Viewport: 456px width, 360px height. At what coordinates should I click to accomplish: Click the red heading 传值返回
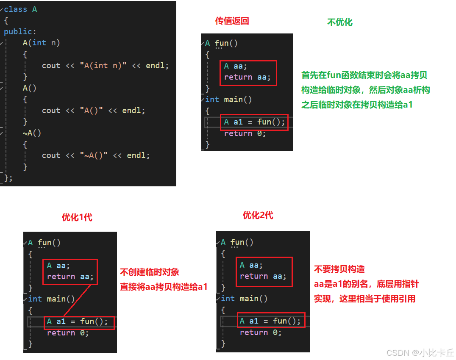click(x=232, y=21)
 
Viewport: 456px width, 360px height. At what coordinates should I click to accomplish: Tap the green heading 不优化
click(x=340, y=22)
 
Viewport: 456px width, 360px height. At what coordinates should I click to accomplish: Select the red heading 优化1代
click(x=77, y=217)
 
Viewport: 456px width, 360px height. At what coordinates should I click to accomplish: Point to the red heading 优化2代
click(x=258, y=215)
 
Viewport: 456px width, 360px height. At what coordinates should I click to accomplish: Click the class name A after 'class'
click(x=34, y=9)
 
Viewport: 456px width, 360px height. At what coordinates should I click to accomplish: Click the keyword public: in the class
click(x=20, y=31)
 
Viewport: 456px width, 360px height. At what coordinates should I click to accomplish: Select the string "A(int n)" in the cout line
click(x=103, y=66)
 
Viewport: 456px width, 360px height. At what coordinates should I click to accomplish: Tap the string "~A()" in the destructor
click(x=94, y=155)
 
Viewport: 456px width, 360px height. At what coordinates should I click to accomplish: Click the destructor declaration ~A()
click(x=32, y=133)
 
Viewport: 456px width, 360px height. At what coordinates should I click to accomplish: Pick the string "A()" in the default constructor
click(x=92, y=111)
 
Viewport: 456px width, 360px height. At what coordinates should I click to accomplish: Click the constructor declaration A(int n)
click(x=42, y=43)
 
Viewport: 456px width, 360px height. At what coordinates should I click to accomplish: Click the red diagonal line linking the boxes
click(x=78, y=301)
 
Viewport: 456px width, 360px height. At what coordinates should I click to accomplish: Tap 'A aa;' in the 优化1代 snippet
click(x=58, y=266)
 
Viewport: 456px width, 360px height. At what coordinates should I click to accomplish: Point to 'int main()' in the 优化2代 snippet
click(x=244, y=299)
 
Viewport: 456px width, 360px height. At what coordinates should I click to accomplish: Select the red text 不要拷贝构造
click(x=339, y=269)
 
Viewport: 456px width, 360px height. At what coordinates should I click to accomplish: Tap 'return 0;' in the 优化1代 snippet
click(x=68, y=333)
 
